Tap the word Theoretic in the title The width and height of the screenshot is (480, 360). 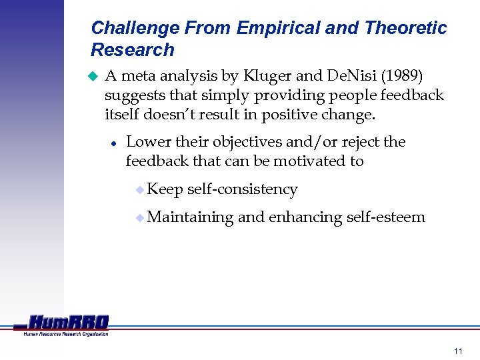[405, 28]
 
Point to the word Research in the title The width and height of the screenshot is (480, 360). [132, 50]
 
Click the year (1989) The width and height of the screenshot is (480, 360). [401, 76]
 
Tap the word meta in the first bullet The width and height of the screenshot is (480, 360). [140, 76]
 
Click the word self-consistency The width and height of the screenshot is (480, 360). [243, 189]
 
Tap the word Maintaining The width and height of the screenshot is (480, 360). [190, 217]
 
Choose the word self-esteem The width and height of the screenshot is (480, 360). [386, 217]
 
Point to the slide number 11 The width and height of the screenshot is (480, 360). [457, 351]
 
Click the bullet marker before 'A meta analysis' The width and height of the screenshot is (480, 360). [93, 77]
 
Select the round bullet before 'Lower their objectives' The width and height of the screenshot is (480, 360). [114, 143]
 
